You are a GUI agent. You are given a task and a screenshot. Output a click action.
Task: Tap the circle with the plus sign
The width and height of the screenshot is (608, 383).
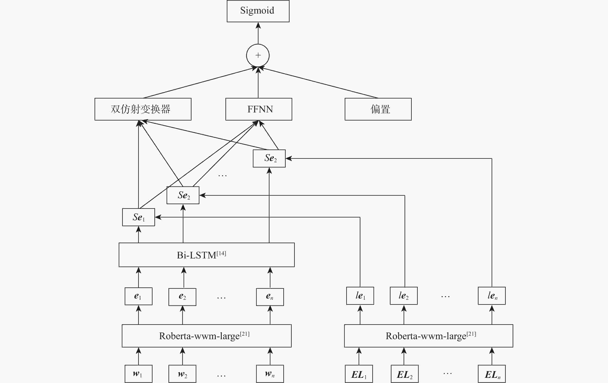[x=258, y=55]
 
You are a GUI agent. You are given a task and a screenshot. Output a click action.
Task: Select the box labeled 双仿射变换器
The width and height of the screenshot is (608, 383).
[x=143, y=109]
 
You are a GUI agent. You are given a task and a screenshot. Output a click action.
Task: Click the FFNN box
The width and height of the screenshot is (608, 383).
[x=259, y=109]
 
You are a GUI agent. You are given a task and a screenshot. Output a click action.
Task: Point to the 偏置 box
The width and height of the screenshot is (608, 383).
[x=378, y=109]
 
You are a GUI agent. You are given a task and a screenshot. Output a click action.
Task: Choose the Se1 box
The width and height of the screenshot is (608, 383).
[x=138, y=217]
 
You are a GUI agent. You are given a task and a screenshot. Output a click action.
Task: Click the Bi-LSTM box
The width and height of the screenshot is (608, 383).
[x=207, y=255]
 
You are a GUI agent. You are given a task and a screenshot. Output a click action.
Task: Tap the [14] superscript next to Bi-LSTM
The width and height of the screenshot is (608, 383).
[x=221, y=253]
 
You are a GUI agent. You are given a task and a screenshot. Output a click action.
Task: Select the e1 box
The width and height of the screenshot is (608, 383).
[x=138, y=296]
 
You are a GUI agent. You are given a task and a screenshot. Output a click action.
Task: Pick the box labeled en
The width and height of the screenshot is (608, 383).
[x=270, y=297]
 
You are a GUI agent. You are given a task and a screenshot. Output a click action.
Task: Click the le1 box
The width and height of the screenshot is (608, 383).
[x=360, y=296]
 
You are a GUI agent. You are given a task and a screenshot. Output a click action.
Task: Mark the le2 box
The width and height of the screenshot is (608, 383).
[x=403, y=296]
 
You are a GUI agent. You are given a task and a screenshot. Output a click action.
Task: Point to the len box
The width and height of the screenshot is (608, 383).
[x=492, y=296]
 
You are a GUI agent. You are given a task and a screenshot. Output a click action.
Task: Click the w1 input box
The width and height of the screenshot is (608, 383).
[x=138, y=374]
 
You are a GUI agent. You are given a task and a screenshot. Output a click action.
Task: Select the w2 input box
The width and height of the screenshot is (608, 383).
[x=182, y=374]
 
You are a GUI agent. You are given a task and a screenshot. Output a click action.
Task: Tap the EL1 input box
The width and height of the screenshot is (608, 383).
[x=359, y=374]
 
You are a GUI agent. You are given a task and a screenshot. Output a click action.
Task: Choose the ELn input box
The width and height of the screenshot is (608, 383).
[x=492, y=374]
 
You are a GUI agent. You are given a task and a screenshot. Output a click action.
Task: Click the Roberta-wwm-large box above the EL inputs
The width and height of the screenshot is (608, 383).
[x=428, y=336]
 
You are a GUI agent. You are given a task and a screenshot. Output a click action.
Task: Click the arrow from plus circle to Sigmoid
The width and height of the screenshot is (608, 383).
[x=258, y=33]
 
